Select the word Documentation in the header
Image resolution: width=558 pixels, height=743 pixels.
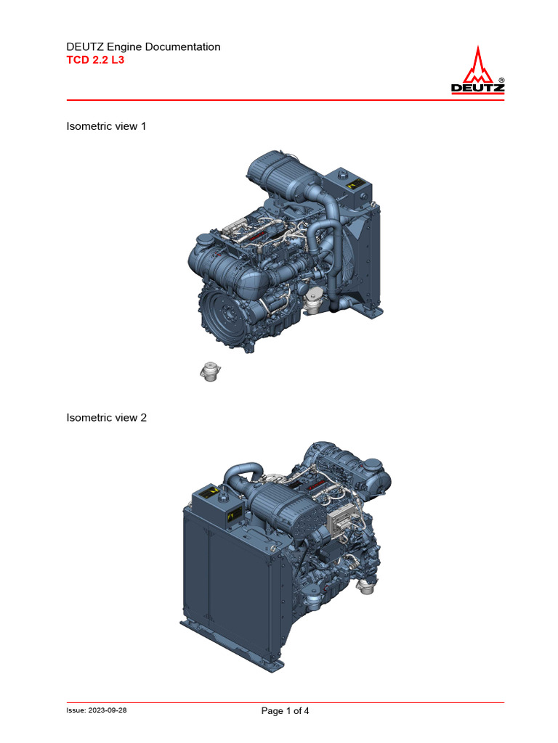[183, 46]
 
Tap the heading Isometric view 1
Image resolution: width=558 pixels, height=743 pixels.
[106, 126]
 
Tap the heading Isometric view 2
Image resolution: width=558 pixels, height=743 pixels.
[106, 417]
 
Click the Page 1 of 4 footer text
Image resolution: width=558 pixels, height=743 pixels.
[285, 711]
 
